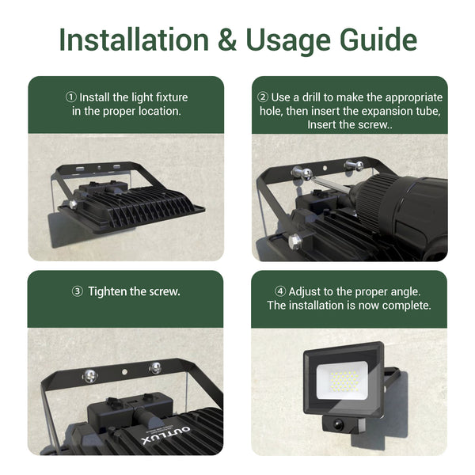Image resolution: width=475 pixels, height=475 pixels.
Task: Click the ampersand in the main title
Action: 227,40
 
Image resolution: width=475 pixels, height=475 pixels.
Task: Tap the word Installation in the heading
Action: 134,40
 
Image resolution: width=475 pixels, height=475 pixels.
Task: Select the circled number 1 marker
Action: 71,97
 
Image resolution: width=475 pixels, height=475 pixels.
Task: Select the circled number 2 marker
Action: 263,97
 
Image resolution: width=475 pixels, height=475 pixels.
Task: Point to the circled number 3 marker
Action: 78,291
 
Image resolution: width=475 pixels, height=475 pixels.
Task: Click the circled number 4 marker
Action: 280,291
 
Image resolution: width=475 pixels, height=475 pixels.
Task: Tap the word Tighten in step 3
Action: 107,291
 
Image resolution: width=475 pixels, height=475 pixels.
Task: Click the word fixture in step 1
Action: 172,97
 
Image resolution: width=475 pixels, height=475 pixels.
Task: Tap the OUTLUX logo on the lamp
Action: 165,435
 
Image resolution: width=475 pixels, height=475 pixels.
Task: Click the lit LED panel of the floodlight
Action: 342,381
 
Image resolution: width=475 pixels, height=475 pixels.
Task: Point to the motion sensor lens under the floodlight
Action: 338,424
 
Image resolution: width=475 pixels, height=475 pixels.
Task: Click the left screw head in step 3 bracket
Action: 90,376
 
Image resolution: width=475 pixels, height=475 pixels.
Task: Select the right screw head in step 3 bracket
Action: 155,368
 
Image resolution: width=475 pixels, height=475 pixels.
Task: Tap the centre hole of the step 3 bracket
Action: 124,371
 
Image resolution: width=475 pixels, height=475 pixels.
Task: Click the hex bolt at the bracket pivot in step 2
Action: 294,241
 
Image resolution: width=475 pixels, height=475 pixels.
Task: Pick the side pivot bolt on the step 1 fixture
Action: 73,204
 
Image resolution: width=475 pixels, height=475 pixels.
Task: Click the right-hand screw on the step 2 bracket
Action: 354,165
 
